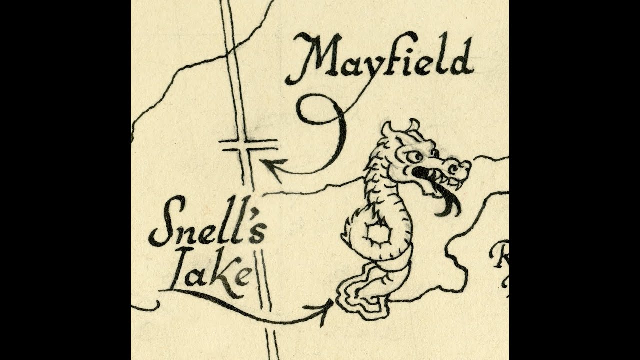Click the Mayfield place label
pyautogui.click(x=380, y=57)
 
